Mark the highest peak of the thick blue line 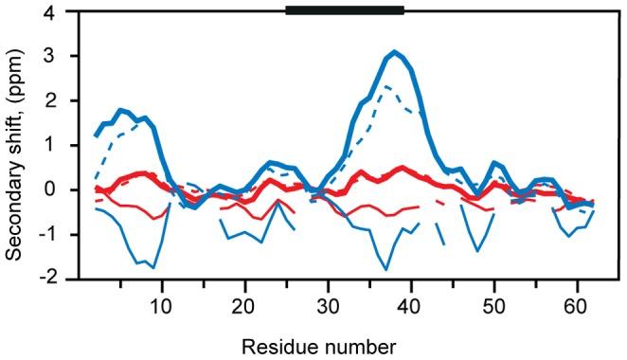coord(394,52)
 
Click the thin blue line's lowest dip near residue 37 coord(385,269)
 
